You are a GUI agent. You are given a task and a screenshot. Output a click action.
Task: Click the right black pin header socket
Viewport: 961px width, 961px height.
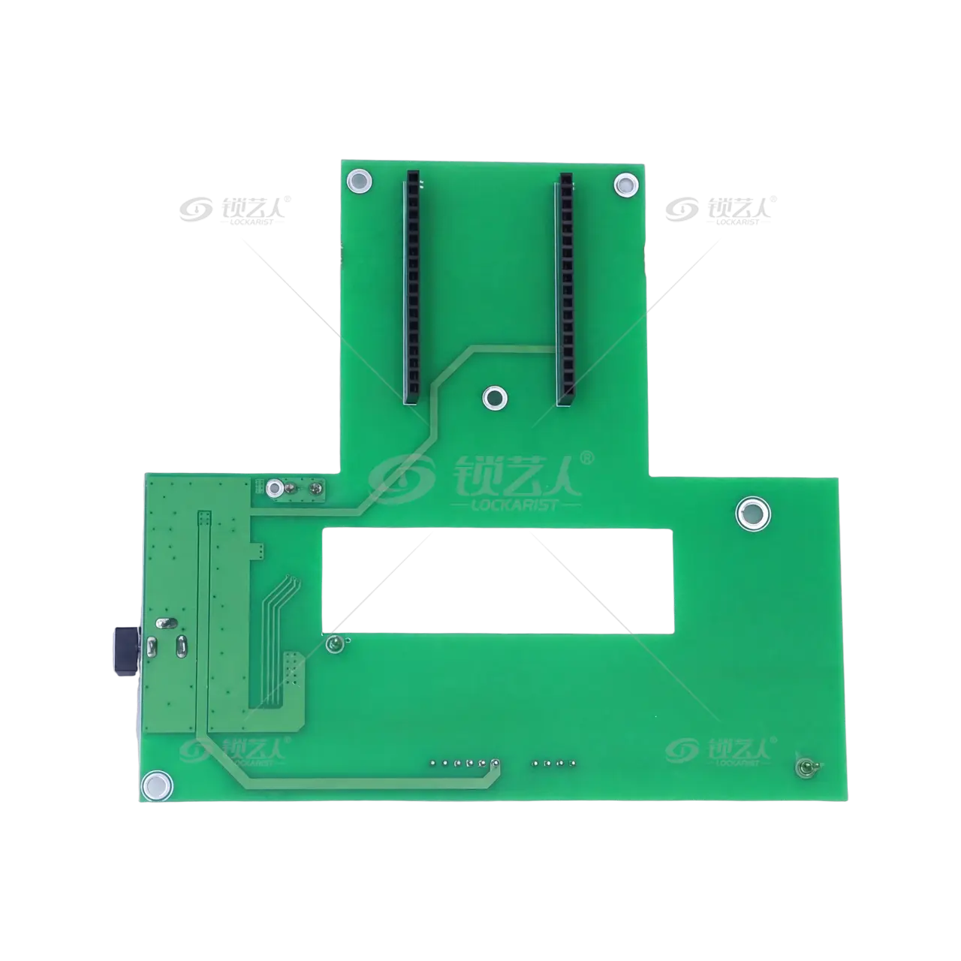click(565, 289)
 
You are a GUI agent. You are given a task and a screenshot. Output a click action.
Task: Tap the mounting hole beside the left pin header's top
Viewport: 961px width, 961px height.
click(360, 181)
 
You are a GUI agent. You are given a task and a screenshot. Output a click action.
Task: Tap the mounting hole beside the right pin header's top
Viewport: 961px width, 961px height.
click(626, 185)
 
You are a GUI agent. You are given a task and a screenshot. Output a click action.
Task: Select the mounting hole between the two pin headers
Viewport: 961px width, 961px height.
click(495, 397)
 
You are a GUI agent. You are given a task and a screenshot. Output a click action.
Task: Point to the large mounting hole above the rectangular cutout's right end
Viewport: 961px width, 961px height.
click(753, 514)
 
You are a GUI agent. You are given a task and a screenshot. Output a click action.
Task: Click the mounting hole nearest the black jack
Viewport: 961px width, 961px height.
click(157, 785)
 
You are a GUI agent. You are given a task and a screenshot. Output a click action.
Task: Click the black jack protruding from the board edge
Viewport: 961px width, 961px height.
click(127, 651)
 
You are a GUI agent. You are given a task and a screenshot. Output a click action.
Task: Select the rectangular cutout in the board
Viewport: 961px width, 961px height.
click(498, 580)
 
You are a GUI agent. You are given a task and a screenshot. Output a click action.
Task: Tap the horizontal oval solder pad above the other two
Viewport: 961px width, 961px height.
click(166, 623)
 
